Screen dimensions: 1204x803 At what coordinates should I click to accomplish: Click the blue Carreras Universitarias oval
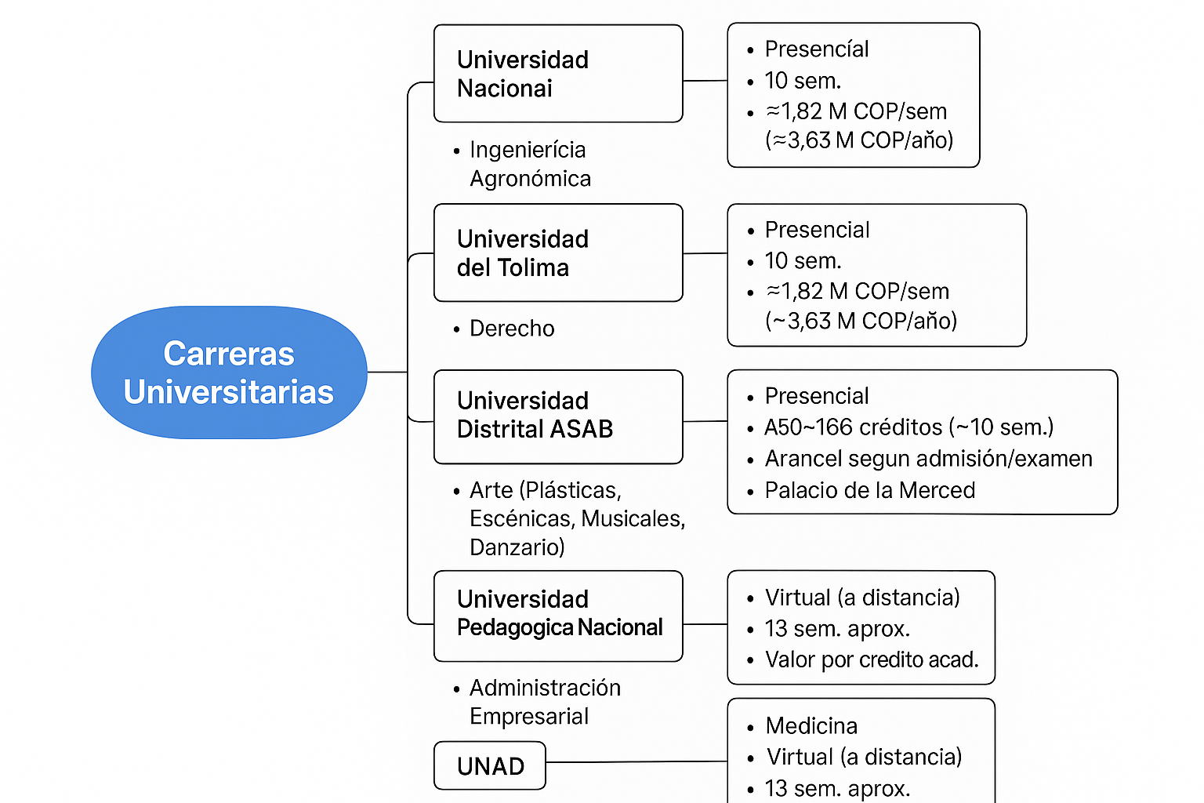[229, 372]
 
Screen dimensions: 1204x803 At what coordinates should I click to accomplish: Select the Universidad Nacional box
[558, 74]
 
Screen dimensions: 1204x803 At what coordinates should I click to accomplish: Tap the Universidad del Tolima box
[558, 253]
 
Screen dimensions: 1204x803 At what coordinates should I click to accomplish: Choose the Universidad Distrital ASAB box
[558, 417]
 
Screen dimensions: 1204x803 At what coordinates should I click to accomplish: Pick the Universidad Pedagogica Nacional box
[558, 616]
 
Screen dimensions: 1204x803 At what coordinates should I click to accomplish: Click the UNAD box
[490, 766]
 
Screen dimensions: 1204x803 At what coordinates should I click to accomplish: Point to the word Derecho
[512, 328]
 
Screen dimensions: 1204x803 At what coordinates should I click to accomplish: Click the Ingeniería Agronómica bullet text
[530, 164]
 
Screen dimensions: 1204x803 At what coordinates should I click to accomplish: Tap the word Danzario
[517, 547]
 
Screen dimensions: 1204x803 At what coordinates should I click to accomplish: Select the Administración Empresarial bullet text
[545, 702]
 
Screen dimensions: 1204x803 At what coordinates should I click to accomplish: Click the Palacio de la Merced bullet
[869, 490]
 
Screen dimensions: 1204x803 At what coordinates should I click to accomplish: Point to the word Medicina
[811, 725]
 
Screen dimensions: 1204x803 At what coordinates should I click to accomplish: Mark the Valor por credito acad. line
[872, 659]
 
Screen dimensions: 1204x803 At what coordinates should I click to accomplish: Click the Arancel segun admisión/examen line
[928, 459]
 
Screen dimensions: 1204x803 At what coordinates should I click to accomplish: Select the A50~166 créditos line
[909, 427]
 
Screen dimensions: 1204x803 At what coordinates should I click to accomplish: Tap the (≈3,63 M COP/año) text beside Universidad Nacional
[859, 140]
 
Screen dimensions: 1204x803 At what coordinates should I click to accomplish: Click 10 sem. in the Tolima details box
[803, 261]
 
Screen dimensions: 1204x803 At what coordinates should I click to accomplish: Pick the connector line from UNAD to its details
[637, 761]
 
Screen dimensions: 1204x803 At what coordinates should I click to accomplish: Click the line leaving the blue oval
[387, 372]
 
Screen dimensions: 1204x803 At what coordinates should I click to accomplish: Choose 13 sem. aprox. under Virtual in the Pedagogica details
[837, 628]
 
